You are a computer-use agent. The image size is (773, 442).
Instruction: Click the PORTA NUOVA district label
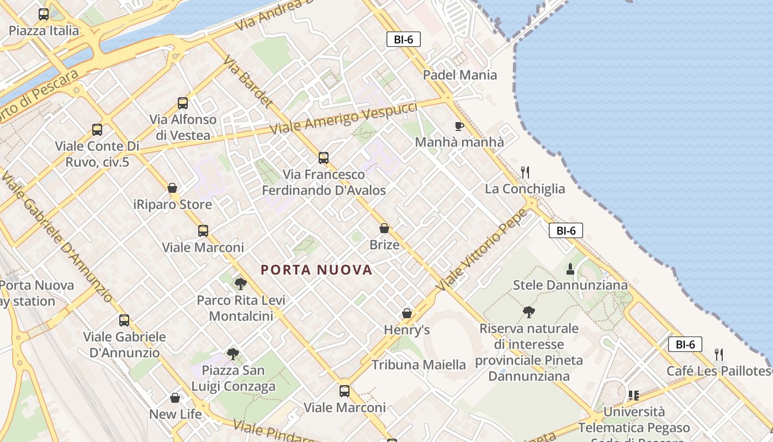tap(316, 270)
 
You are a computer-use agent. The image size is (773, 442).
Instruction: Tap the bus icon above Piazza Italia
tap(44, 14)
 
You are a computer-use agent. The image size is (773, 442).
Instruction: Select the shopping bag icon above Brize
tap(384, 228)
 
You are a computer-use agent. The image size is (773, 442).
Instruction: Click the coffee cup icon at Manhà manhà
tap(459, 126)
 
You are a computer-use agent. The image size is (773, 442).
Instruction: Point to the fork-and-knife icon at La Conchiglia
tap(525, 172)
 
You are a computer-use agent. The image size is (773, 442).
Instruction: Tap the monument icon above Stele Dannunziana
tap(570, 269)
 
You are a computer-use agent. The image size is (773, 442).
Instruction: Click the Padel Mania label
tap(460, 75)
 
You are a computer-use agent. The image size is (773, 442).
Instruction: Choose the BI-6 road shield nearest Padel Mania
tap(404, 39)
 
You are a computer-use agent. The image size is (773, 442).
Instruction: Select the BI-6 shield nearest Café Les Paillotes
tap(685, 344)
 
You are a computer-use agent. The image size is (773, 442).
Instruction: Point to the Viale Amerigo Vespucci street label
tap(343, 118)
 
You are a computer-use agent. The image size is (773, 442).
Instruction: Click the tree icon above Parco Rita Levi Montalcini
tap(240, 284)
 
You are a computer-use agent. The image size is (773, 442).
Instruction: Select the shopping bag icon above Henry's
tap(407, 313)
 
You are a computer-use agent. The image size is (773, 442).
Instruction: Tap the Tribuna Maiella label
tap(419, 365)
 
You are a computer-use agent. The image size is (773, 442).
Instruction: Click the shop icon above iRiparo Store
tap(172, 188)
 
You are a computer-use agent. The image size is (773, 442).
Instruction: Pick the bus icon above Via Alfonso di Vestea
tap(183, 103)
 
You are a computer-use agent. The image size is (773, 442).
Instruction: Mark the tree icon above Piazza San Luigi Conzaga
tap(233, 354)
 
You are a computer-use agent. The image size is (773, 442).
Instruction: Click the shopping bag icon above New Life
tap(175, 398)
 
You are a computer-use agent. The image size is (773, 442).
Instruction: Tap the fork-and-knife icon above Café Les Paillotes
tap(718, 354)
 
